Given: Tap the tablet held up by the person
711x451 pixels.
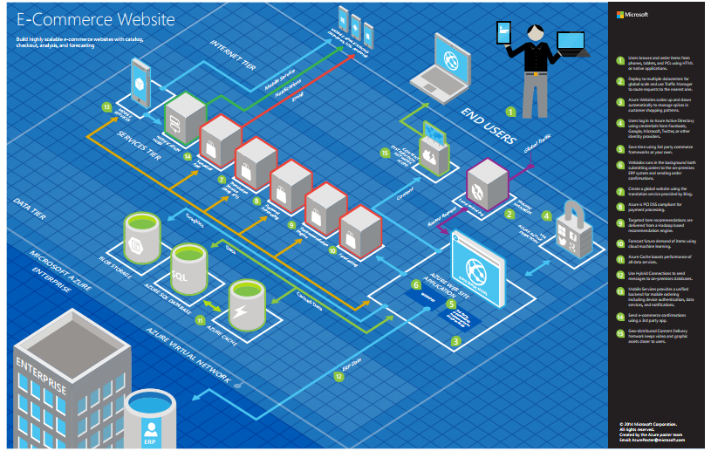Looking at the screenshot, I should (504, 33).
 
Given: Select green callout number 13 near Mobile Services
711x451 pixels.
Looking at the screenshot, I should (106, 107).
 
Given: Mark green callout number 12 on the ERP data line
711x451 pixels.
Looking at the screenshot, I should (338, 377).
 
